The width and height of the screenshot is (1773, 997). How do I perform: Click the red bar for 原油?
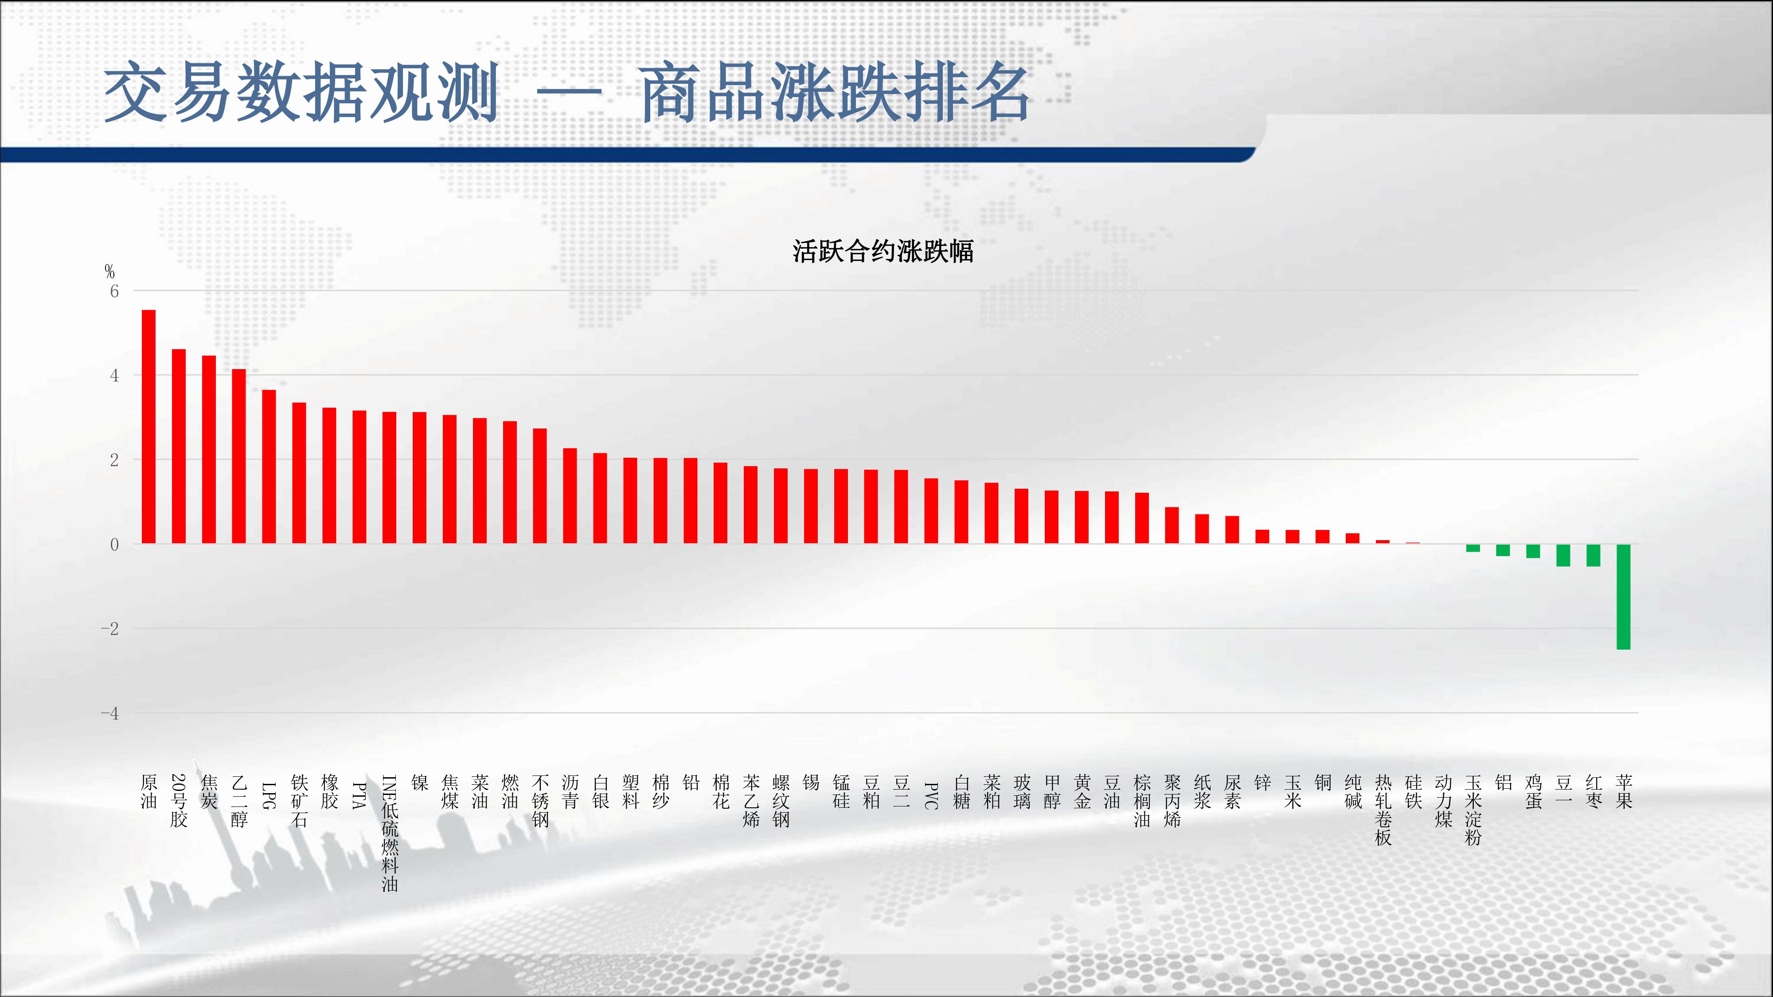[x=148, y=427]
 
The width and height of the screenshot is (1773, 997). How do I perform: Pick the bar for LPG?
[x=269, y=467]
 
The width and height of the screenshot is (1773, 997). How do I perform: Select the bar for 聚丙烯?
[x=1172, y=526]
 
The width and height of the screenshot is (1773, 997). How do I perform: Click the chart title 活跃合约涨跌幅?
[x=883, y=251]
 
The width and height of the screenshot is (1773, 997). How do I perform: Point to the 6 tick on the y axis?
[x=114, y=291]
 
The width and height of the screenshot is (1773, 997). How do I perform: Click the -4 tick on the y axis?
[x=109, y=713]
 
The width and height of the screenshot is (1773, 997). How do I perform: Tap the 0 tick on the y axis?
[x=114, y=544]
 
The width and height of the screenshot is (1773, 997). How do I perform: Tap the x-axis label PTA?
[x=359, y=795]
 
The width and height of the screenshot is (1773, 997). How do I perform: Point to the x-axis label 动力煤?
[x=1443, y=801]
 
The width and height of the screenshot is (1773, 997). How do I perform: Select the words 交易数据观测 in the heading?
[x=301, y=92]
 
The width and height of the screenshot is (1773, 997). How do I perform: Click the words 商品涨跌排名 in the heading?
[x=834, y=92]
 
